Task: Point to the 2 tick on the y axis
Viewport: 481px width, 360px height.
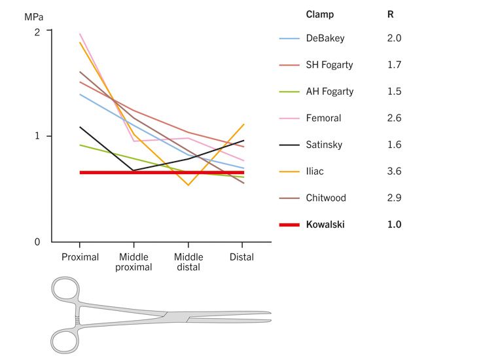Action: pyautogui.click(x=37, y=31)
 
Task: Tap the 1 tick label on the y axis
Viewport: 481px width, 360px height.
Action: pyautogui.click(x=37, y=136)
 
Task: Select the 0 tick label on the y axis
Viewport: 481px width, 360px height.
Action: pyautogui.click(x=37, y=242)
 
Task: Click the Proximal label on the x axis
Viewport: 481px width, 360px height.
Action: pyautogui.click(x=80, y=257)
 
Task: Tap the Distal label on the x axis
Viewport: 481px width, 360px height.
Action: pyautogui.click(x=241, y=257)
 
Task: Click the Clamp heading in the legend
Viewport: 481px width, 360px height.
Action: pyautogui.click(x=319, y=14)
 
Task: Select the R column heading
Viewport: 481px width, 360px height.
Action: pyautogui.click(x=391, y=14)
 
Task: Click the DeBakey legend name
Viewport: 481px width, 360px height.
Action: pyautogui.click(x=325, y=38)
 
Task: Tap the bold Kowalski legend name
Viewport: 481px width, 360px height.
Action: pyautogui.click(x=325, y=225)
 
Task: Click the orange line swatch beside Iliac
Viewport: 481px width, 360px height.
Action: pyautogui.click(x=289, y=171)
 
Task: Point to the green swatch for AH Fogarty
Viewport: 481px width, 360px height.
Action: pyautogui.click(x=289, y=92)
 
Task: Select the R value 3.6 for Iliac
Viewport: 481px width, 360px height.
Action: pyautogui.click(x=394, y=171)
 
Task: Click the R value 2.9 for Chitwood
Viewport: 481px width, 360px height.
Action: pyautogui.click(x=394, y=198)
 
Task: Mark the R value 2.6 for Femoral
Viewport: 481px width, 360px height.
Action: pyautogui.click(x=394, y=118)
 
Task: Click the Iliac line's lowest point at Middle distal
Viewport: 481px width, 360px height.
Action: pyautogui.click(x=188, y=185)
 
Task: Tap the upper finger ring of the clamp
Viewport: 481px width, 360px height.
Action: pyautogui.click(x=65, y=291)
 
